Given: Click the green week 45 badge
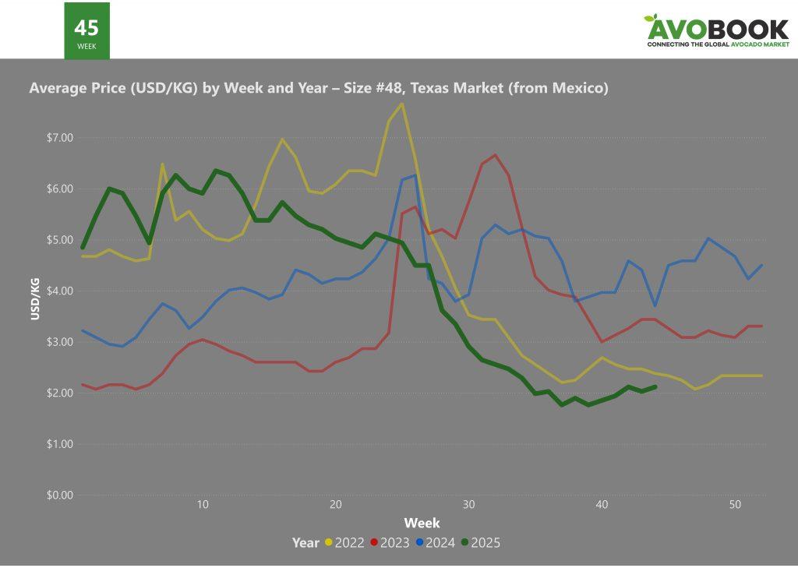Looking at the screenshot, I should coord(87,30).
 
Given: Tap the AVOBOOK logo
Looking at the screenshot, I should coord(717,31).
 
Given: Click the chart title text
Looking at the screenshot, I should coord(318,88).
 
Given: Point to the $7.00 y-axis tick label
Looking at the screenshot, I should coord(60,138).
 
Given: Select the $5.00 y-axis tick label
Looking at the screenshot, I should coord(60,240).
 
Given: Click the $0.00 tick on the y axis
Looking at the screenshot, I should coord(60,495).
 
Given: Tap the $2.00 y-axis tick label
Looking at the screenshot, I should coord(60,393).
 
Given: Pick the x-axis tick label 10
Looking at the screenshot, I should coord(203,505).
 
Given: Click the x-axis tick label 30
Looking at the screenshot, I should coord(468,505).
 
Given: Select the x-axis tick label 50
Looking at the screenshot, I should coord(735,505).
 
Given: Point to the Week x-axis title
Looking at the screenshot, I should coord(422,523).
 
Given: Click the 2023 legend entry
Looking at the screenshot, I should coord(390,542).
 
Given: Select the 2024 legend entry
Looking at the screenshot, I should coord(436,542).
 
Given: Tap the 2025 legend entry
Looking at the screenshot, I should coord(481,542).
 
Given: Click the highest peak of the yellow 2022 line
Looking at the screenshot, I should coord(402,104).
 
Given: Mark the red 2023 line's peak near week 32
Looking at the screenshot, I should coord(495,155).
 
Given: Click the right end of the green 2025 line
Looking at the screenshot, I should coord(655,386).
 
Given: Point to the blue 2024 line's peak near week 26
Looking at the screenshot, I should coord(415,175).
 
